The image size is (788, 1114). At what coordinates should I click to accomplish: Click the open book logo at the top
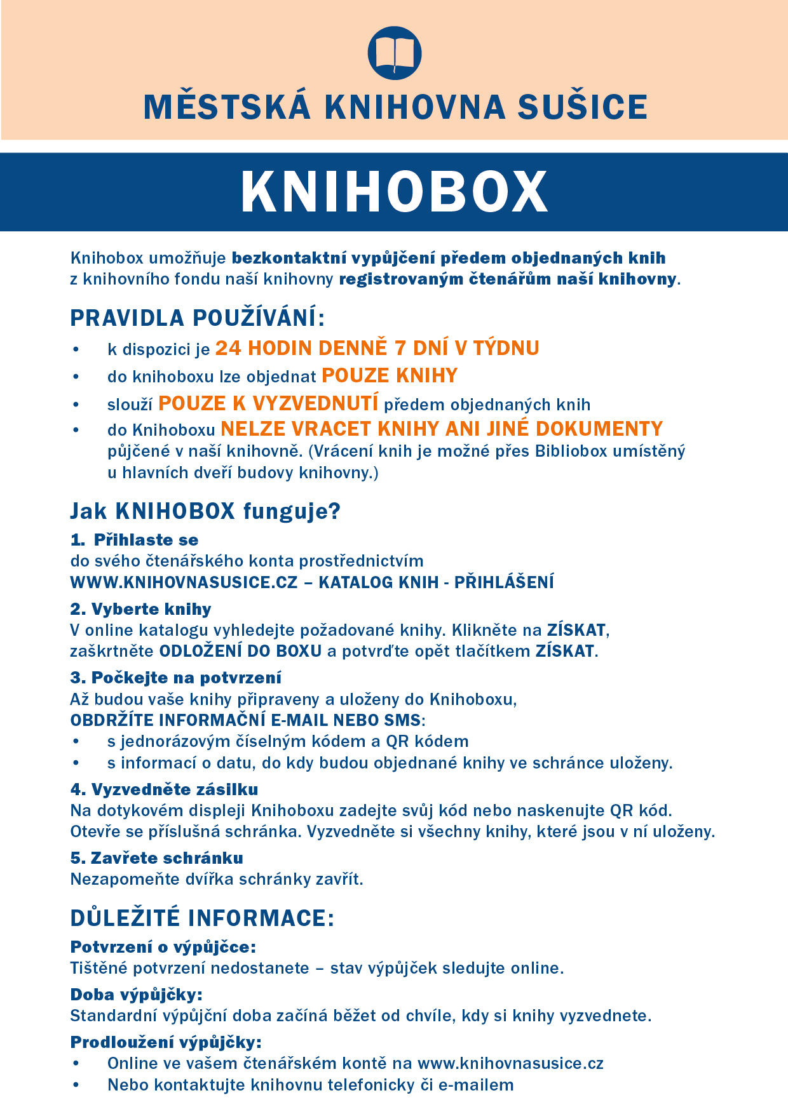point(395,53)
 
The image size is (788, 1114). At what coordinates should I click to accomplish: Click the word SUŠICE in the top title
point(582,107)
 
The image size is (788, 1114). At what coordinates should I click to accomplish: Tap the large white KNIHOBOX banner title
point(394,192)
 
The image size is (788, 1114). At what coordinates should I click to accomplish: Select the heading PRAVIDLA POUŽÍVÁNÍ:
point(198,318)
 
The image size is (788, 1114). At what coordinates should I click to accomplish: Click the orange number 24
point(228,348)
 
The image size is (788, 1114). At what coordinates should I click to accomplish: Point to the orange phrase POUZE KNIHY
point(390,376)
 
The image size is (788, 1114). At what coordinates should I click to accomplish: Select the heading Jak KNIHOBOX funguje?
point(205,511)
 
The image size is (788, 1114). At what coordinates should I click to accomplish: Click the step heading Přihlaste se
point(146,540)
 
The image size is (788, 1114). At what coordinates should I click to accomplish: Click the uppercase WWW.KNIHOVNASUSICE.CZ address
point(184,582)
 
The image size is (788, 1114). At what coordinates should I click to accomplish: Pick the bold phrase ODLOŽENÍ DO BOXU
point(240,651)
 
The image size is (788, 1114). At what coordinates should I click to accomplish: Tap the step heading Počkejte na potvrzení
point(186,678)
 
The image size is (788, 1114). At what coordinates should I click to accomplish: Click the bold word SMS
point(402,720)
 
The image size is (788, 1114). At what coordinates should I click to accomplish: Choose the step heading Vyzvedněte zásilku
point(175,789)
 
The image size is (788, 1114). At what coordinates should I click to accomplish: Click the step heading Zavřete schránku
point(167,858)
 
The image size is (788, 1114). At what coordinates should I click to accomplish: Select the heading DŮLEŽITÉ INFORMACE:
point(202,918)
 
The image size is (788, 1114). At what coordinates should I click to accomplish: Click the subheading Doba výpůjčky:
point(137,995)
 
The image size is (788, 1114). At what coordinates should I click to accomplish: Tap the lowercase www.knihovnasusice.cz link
point(510,1063)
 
